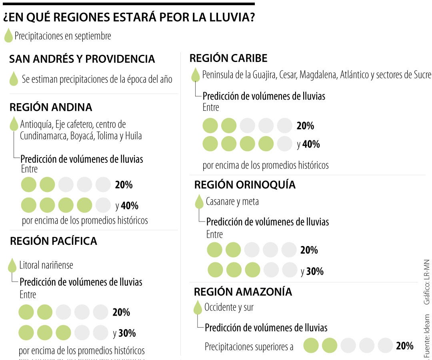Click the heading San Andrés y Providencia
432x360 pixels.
pos(82,59)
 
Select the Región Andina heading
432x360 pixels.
pos(51,107)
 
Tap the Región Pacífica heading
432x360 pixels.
pos(54,241)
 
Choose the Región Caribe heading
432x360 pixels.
pos(228,58)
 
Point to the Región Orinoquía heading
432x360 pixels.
pos(245,185)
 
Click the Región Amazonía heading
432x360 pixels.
pos(243,292)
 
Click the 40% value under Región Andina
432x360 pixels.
pos(130,206)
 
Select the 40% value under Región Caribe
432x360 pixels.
pos(311,144)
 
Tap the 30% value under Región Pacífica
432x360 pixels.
pos(127,333)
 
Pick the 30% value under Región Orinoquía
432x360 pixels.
pos(315,272)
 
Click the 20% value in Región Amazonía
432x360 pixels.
pos(404,346)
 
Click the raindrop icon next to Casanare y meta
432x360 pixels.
pos(199,202)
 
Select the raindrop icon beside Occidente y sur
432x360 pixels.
pos(198,308)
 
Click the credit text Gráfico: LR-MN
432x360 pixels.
pos(427,282)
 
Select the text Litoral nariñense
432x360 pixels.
pos(46,265)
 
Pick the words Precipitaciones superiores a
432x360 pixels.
pos(249,346)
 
